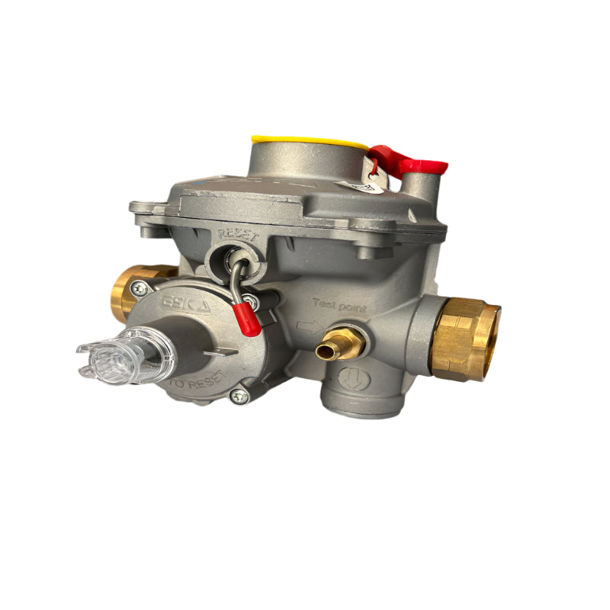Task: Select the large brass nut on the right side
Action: (466, 339)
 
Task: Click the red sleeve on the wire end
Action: (247, 321)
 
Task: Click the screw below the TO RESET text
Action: (241, 395)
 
